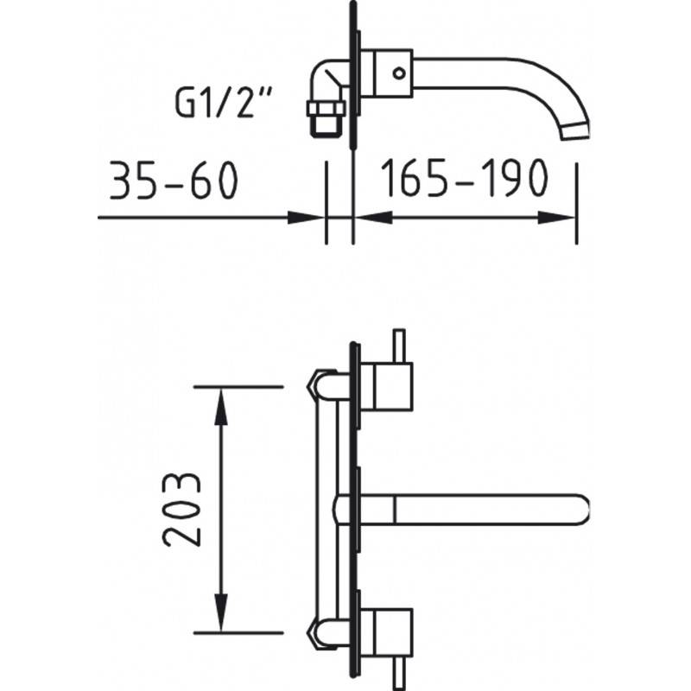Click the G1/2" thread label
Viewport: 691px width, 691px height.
point(224,103)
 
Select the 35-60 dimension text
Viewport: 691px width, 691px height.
point(174,180)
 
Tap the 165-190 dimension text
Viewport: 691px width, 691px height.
point(465,178)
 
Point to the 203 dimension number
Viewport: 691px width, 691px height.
point(182,510)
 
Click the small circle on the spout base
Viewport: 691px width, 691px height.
point(399,73)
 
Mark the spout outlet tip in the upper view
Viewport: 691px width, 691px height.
point(575,131)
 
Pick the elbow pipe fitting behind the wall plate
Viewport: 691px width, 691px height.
point(332,80)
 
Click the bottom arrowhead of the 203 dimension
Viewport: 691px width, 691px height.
point(221,612)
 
